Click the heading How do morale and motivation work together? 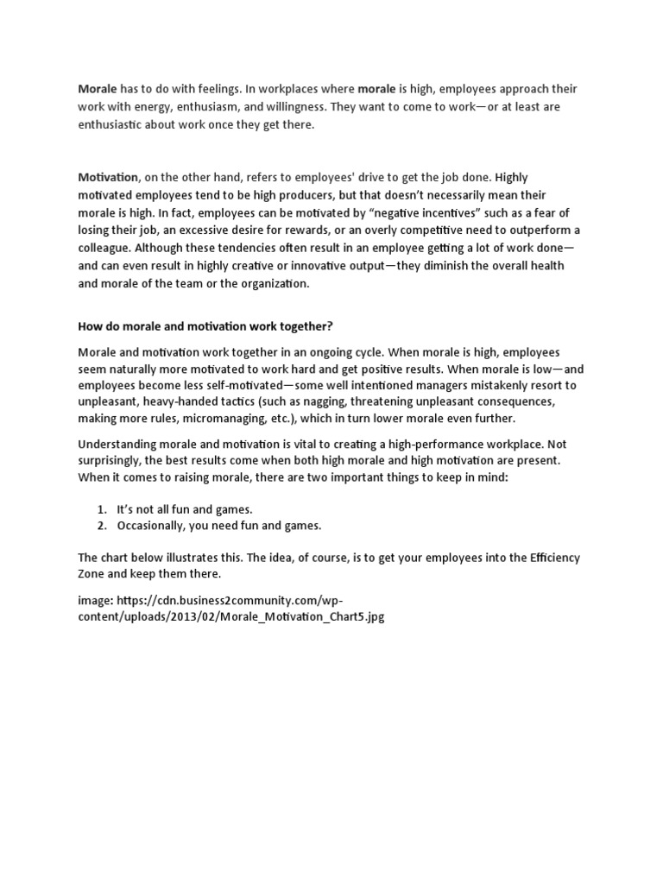(x=205, y=328)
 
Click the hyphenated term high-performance (x=398, y=444)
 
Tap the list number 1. (x=101, y=509)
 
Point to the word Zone (x=94, y=575)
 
